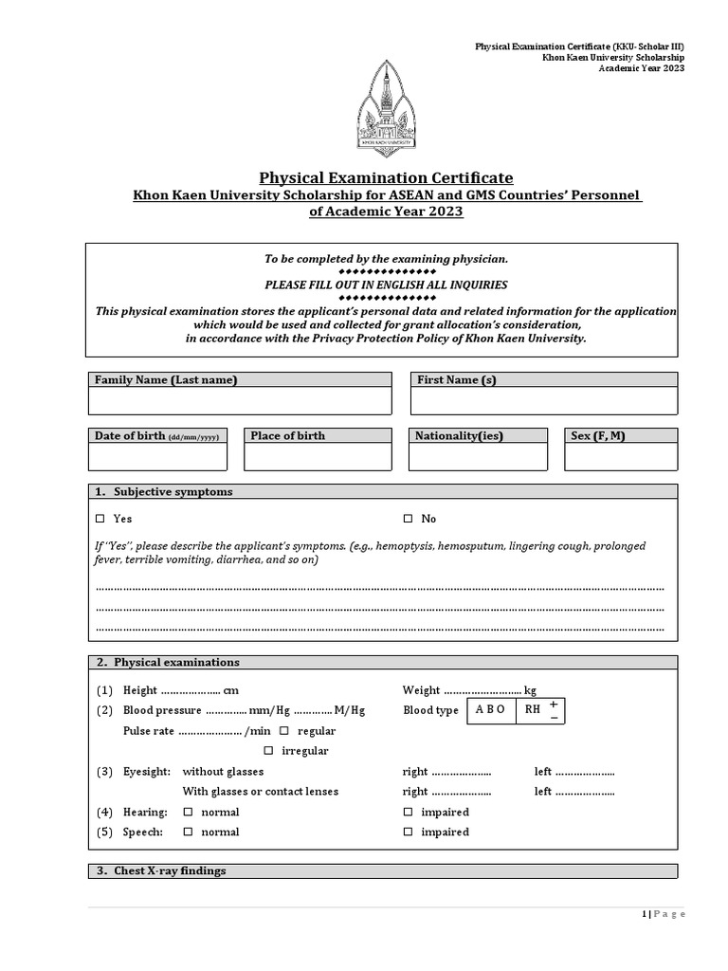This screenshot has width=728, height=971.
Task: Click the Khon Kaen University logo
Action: (x=386, y=107)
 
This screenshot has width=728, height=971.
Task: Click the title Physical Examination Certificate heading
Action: (x=387, y=178)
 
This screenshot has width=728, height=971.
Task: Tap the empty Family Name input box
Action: (x=240, y=401)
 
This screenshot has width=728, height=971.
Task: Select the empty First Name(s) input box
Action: (x=543, y=401)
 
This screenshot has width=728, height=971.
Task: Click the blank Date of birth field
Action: (x=157, y=457)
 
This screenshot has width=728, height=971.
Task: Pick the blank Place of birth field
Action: (x=318, y=457)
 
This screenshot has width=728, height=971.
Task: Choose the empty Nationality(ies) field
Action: (x=479, y=457)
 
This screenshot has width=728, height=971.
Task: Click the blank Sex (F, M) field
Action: (x=621, y=457)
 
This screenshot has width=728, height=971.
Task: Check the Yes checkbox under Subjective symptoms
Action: (x=100, y=519)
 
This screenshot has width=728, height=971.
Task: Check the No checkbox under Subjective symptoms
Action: (x=409, y=519)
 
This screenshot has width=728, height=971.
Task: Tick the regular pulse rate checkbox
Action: (x=284, y=731)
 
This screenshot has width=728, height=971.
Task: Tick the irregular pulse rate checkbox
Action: (x=268, y=750)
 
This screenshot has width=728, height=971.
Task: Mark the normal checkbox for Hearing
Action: (x=188, y=812)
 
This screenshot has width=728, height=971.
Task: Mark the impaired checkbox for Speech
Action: (x=409, y=832)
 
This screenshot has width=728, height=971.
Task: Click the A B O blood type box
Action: (x=491, y=710)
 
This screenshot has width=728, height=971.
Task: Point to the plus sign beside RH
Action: (x=553, y=705)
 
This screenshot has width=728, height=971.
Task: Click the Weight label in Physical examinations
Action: (x=422, y=690)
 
